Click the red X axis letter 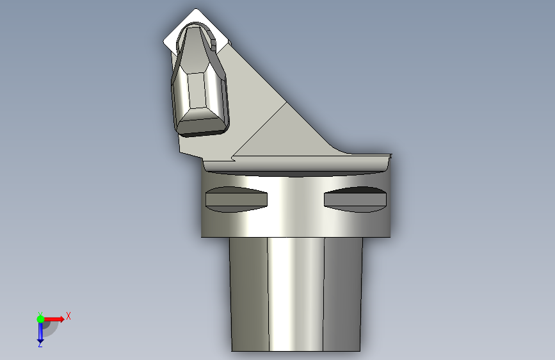68,316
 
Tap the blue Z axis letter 40,344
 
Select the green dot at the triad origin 40,319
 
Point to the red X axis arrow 53,319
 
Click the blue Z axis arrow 40,331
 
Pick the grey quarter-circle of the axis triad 49,328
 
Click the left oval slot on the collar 236,199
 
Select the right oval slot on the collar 355,199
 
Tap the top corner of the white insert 196,8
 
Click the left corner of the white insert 163,42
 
